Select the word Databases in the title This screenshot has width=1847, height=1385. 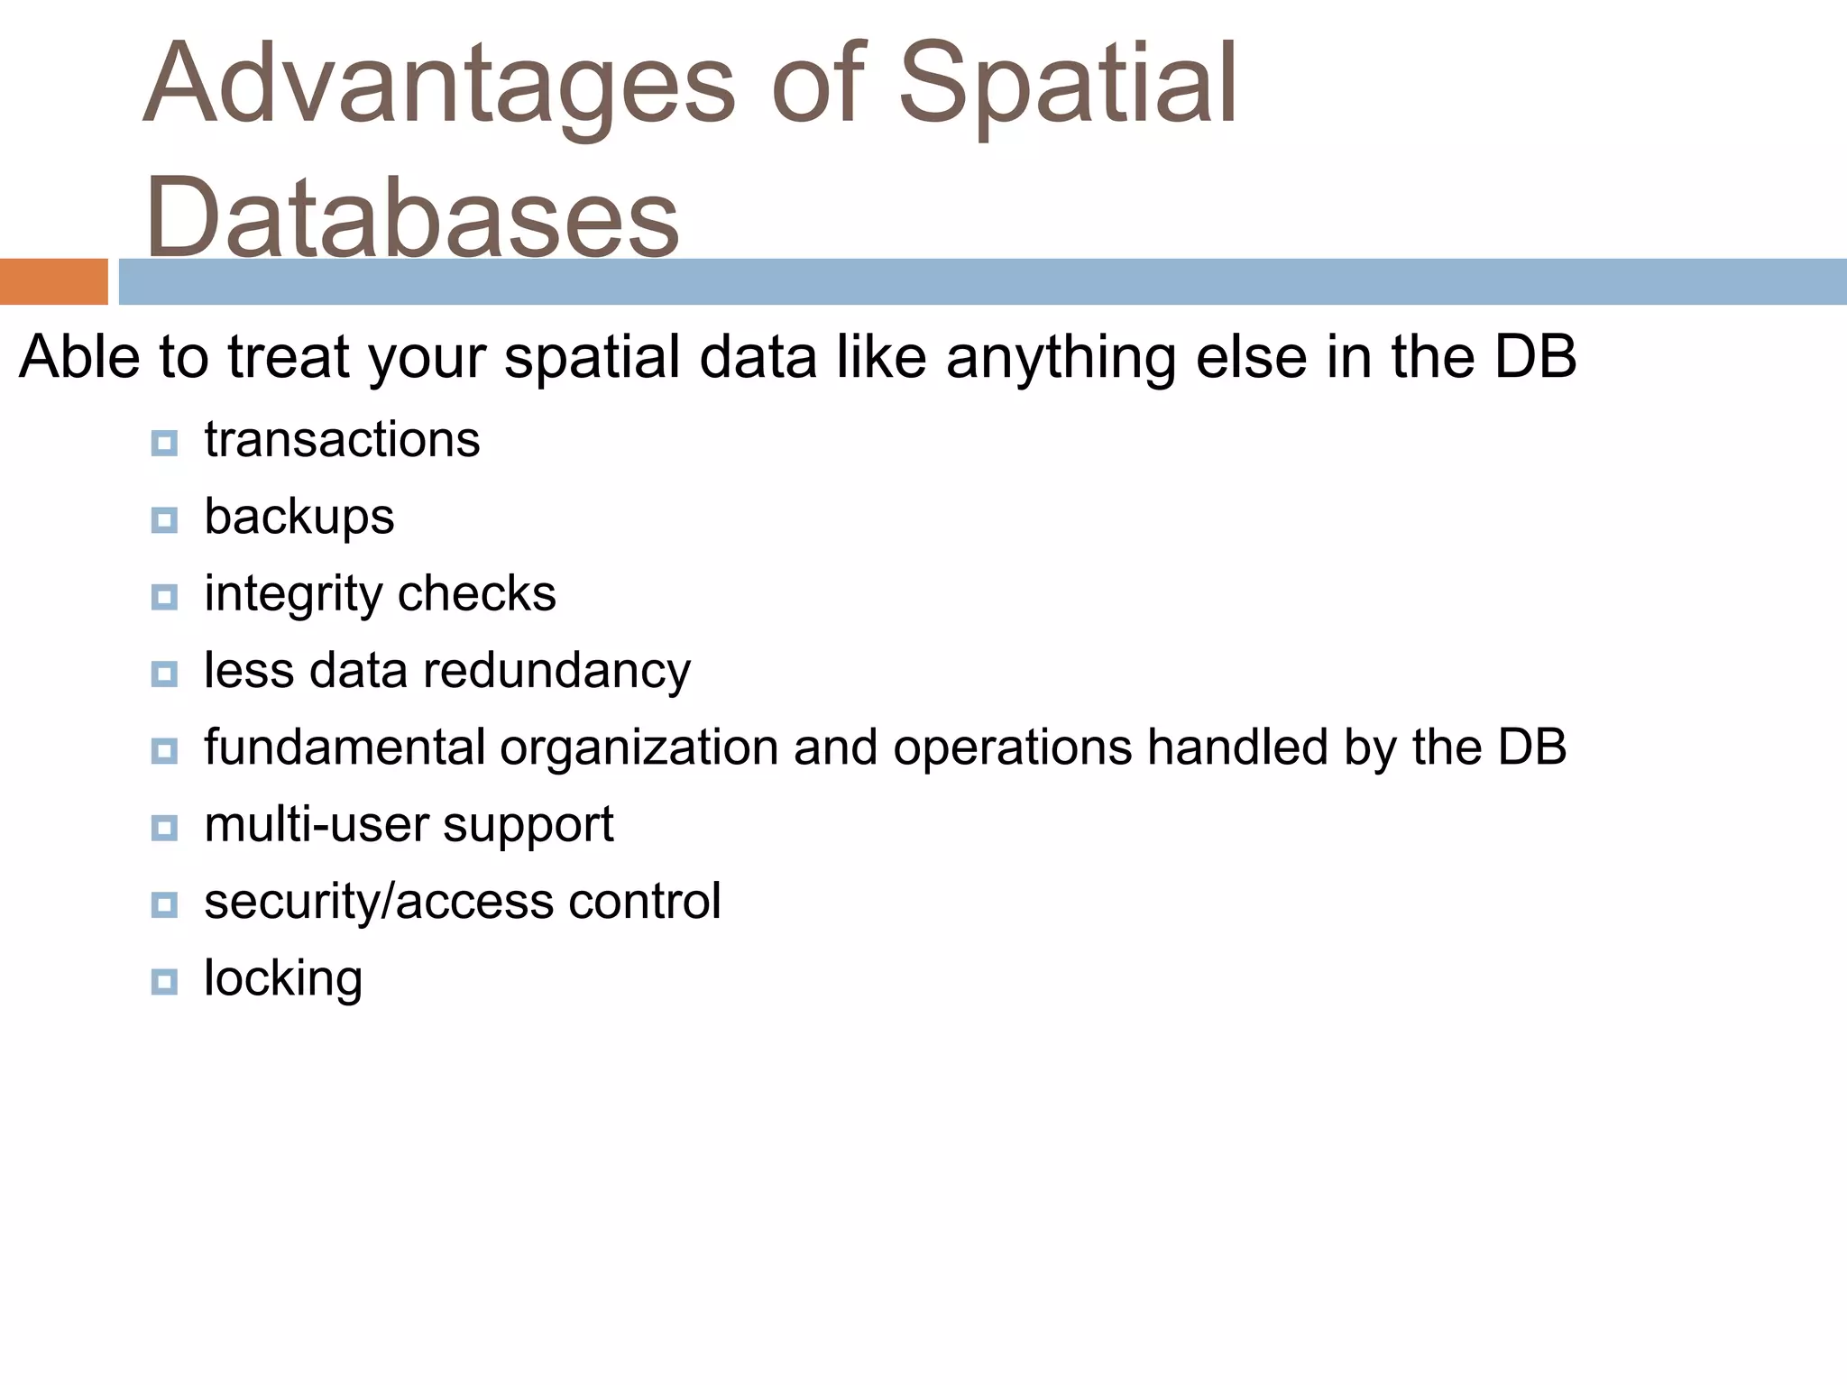(412, 217)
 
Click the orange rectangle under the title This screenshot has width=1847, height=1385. (53, 281)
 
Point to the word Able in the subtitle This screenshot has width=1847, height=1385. (79, 357)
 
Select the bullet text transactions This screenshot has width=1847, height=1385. (342, 440)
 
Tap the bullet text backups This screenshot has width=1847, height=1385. (299, 518)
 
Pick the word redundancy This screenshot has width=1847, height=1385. (556, 672)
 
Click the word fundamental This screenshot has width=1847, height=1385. (345, 748)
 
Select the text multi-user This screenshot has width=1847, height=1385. (316, 825)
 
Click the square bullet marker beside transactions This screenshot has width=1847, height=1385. (164, 443)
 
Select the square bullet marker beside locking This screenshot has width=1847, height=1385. (164, 981)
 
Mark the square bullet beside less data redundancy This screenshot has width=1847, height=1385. (164, 674)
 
